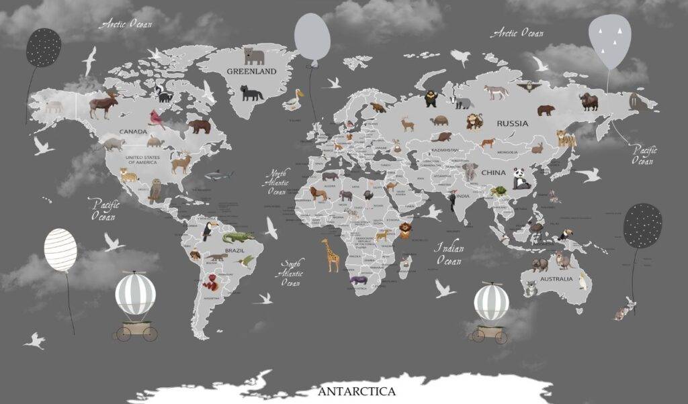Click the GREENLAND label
pyautogui.click(x=251, y=71)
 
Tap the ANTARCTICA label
pyautogui.click(x=357, y=391)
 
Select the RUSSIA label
pyautogui.click(x=512, y=123)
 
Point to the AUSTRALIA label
pyautogui.click(x=557, y=279)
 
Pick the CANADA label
pyautogui.click(x=132, y=132)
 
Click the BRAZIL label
pyautogui.click(x=234, y=250)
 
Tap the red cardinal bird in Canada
pyautogui.click(x=158, y=118)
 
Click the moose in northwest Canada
pyautogui.click(x=103, y=105)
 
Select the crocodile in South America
pyautogui.click(x=239, y=237)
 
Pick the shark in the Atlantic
pyautogui.click(x=218, y=175)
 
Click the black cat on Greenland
pyautogui.click(x=252, y=93)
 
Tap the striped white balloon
pyautogui.click(x=60, y=250)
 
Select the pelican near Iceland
pyautogui.click(x=294, y=100)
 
